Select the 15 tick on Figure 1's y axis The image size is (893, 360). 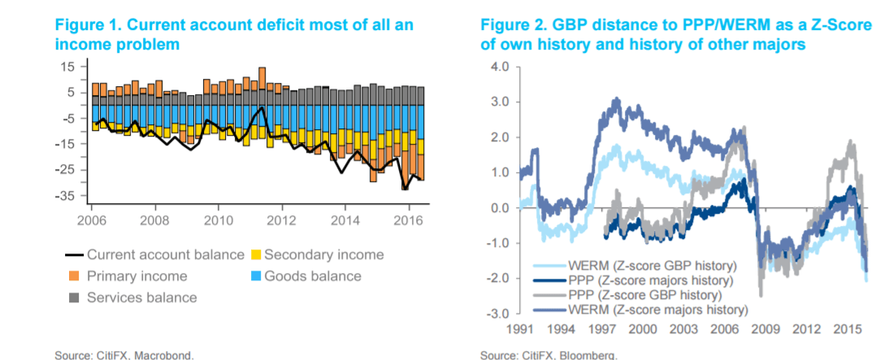pos(71,67)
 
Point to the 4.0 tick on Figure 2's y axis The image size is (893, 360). pos(500,67)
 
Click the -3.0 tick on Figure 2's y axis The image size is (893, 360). pos(498,314)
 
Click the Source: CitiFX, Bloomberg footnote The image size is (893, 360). pos(548,355)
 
